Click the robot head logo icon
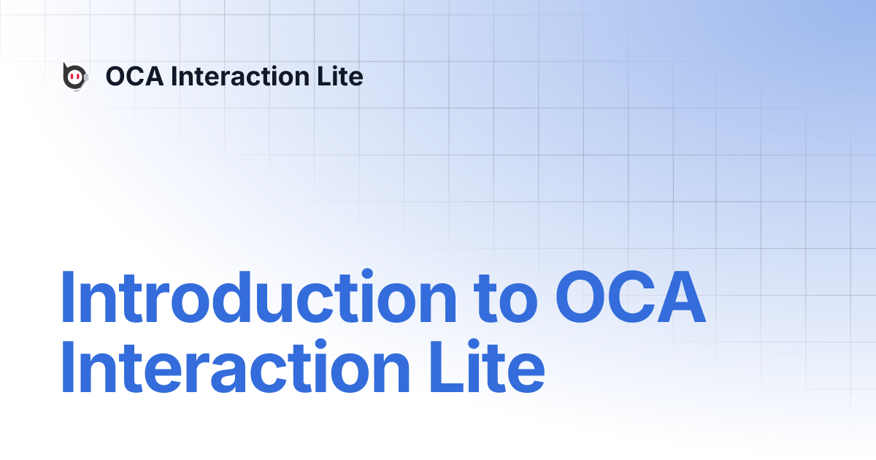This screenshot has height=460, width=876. tap(74, 77)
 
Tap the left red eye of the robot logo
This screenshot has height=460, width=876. tap(72, 77)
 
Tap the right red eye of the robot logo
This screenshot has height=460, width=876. tap(78, 77)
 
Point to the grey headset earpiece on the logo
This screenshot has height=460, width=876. tap(86, 77)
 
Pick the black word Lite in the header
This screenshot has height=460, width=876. tap(342, 76)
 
